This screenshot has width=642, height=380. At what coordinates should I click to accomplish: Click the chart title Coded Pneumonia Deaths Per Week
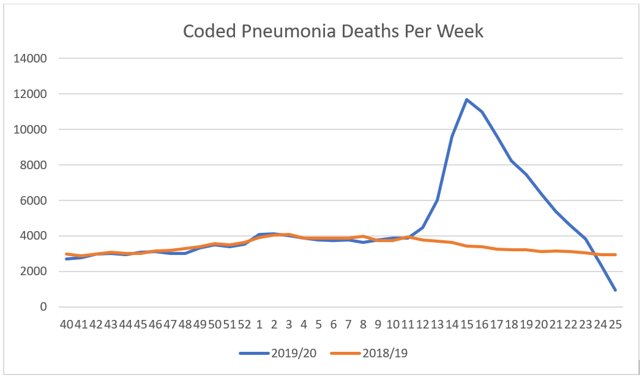(x=333, y=31)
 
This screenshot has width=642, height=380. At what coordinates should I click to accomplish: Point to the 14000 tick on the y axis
(x=31, y=59)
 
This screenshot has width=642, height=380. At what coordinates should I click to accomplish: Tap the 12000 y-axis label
(x=31, y=94)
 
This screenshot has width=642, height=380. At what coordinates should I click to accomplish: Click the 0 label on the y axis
(x=43, y=307)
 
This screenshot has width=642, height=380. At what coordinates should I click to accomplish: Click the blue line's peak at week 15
(x=467, y=99)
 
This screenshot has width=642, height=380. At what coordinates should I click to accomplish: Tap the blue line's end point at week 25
(x=615, y=290)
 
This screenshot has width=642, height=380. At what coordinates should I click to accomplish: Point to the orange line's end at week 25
(x=615, y=254)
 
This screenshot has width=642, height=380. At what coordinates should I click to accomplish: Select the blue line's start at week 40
(x=66, y=259)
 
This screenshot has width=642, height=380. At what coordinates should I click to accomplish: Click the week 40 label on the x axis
(x=66, y=324)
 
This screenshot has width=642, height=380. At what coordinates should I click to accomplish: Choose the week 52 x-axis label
(x=244, y=324)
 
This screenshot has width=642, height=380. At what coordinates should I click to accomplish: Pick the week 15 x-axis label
(x=467, y=324)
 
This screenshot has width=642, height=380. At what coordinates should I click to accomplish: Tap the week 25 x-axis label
(x=615, y=324)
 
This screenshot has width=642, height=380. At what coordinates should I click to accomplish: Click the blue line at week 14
(x=452, y=136)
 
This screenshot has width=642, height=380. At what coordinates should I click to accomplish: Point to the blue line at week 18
(x=512, y=161)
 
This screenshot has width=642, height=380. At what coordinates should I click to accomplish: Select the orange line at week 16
(x=482, y=246)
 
